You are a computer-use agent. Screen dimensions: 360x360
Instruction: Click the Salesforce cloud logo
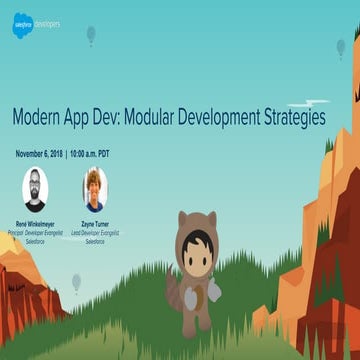23,26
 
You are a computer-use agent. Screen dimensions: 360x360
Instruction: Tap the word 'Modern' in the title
41,117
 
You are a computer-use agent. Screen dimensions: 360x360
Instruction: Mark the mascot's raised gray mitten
214,289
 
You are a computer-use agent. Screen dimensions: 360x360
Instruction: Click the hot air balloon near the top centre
91,35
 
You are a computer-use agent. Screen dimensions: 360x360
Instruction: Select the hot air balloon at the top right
341,46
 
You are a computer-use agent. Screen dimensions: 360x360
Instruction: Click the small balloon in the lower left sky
76,282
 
